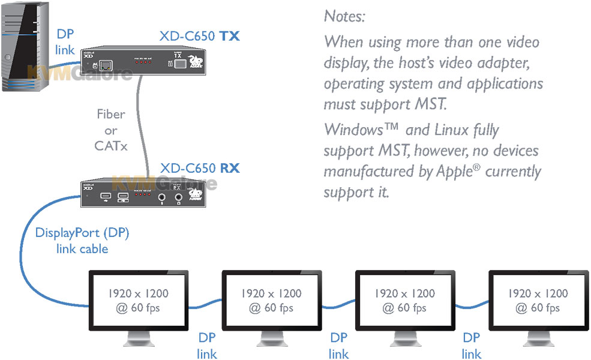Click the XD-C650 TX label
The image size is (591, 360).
[x=199, y=36]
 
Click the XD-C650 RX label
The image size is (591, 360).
[x=199, y=168]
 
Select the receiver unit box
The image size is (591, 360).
[x=142, y=193]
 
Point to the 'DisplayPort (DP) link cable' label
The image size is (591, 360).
[x=82, y=241]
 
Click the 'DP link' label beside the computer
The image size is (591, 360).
[x=65, y=42]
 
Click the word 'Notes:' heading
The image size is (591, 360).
[x=344, y=16]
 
